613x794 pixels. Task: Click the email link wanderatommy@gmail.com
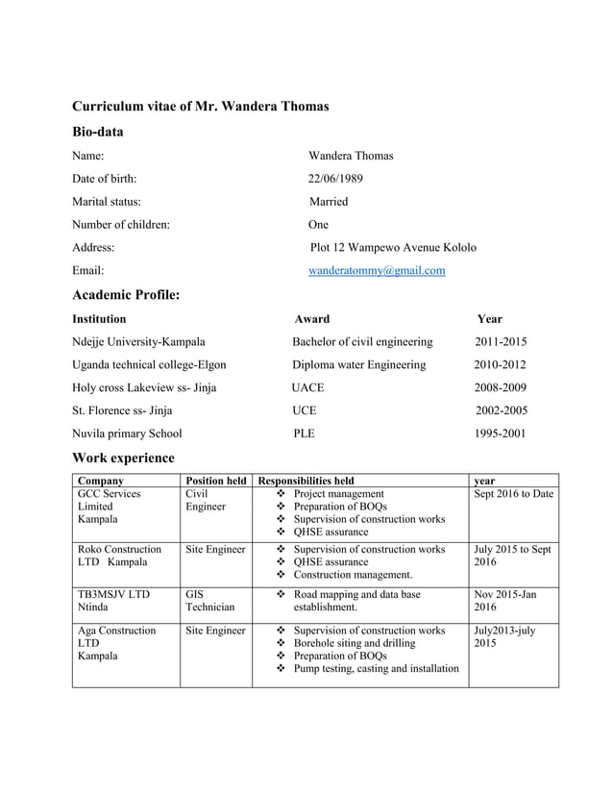click(376, 271)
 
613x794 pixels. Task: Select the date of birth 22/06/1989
click(335, 179)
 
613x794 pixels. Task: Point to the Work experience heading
click(123, 458)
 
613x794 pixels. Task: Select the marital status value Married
click(329, 202)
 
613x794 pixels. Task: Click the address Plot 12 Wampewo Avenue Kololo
click(392, 248)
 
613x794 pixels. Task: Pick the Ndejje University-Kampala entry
click(138, 341)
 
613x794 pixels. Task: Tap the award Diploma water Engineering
click(358, 364)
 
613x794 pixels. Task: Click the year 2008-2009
click(500, 387)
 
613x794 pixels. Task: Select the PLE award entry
click(304, 434)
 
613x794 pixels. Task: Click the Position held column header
click(216, 480)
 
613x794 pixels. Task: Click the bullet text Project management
click(338, 493)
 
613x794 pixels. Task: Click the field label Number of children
click(121, 225)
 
